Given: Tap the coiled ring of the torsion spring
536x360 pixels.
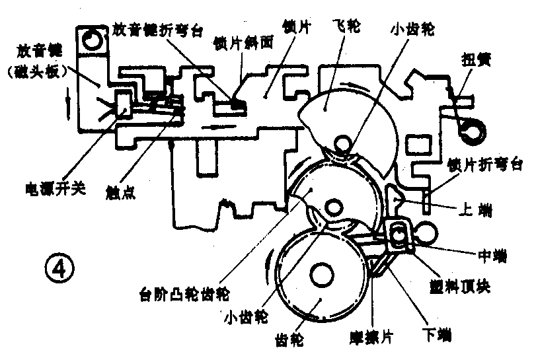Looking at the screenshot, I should pos(471,128).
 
